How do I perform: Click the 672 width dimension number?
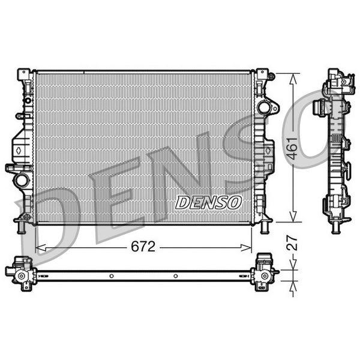click(144, 247)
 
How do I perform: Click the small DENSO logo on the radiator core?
click(208, 203)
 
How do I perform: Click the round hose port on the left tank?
click(22, 179)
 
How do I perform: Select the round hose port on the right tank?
click(264, 108)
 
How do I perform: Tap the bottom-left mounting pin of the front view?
click(23, 228)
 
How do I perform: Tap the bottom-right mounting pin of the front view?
click(265, 228)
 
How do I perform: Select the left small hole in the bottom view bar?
click(112, 276)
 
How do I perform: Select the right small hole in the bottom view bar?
click(175, 276)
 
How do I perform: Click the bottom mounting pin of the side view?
click(336, 227)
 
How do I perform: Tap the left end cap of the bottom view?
click(20, 274)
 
